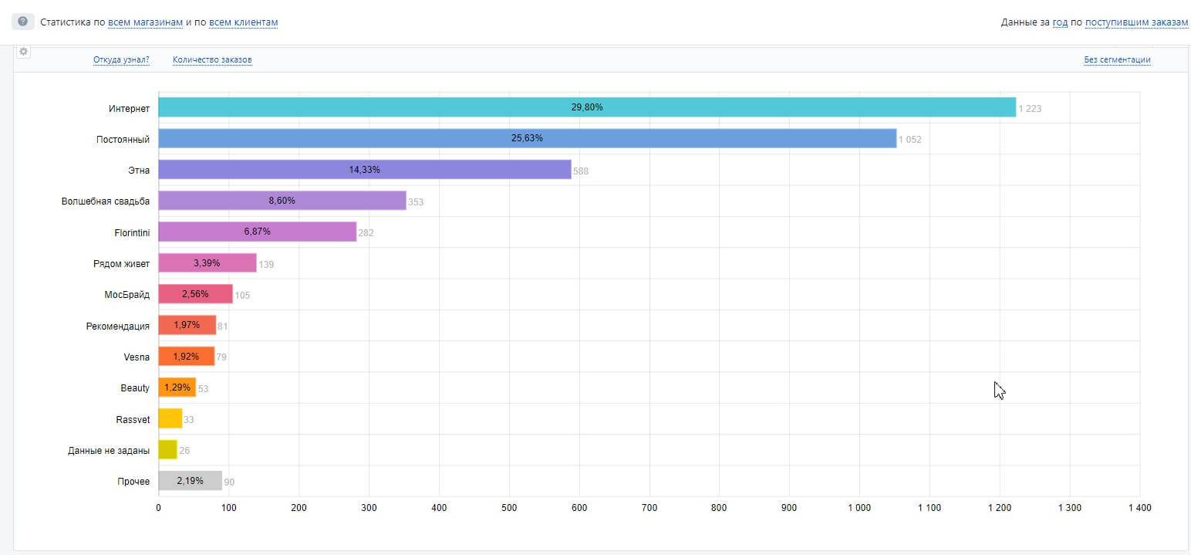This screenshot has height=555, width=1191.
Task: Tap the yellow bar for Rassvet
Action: click(170, 418)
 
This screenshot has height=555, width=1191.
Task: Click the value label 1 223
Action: click(1030, 109)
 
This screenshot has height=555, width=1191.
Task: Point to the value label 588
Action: click(581, 171)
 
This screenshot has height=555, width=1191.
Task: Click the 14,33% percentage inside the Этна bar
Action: click(364, 169)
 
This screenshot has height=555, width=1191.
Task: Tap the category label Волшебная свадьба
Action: click(106, 201)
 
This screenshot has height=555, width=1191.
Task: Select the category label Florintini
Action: click(132, 232)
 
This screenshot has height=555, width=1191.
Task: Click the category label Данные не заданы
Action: click(109, 450)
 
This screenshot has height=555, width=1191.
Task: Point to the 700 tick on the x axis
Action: click(649, 508)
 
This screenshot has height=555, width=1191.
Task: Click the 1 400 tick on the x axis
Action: click(1139, 508)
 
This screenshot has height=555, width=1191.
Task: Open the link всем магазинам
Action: click(145, 22)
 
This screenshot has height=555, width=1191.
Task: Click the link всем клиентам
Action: click(243, 22)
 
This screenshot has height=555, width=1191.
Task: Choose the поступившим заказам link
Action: click(1136, 22)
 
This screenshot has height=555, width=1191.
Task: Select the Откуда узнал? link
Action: click(121, 59)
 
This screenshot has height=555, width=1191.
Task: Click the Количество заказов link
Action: click(212, 59)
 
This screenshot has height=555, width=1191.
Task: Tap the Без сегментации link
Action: click(1117, 59)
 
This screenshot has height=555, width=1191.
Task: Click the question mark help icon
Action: click(22, 22)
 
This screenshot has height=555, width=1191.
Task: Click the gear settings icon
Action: click(23, 51)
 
